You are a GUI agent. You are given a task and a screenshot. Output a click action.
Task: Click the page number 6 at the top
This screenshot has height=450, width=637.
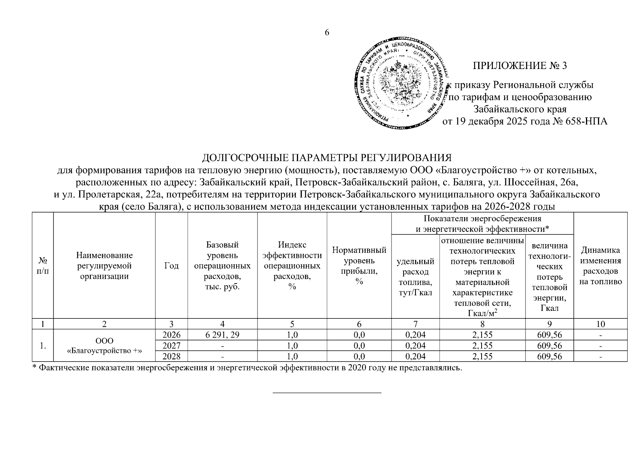(327, 33)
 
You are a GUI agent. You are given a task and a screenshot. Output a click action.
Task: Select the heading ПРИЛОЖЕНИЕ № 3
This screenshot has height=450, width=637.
(520, 66)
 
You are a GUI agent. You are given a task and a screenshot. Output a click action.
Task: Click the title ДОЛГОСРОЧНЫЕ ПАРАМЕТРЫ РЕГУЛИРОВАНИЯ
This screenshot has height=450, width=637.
(326, 157)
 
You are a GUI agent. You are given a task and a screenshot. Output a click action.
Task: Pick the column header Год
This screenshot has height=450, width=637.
(172, 266)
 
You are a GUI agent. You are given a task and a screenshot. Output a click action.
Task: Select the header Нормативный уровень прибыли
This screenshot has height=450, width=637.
(359, 265)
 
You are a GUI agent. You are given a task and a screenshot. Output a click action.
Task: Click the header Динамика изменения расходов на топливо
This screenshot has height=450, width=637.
(601, 265)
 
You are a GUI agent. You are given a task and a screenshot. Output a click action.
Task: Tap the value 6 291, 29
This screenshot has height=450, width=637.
(223, 335)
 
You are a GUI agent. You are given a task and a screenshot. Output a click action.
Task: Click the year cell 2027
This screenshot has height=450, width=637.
(172, 345)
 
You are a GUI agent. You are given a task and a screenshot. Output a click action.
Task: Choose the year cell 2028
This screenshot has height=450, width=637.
(172, 356)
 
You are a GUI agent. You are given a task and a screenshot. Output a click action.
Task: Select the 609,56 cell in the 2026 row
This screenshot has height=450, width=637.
(550, 335)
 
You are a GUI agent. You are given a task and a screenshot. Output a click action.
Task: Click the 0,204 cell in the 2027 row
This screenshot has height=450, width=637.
(416, 345)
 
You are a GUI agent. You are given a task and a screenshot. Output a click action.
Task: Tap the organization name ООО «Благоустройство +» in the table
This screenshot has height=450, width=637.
(104, 345)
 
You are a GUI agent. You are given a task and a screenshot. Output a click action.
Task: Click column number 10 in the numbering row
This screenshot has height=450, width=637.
(601, 324)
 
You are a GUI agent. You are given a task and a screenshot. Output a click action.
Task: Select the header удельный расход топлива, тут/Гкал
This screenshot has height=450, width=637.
(416, 276)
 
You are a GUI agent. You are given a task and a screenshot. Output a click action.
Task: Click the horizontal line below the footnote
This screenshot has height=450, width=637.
(327, 393)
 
